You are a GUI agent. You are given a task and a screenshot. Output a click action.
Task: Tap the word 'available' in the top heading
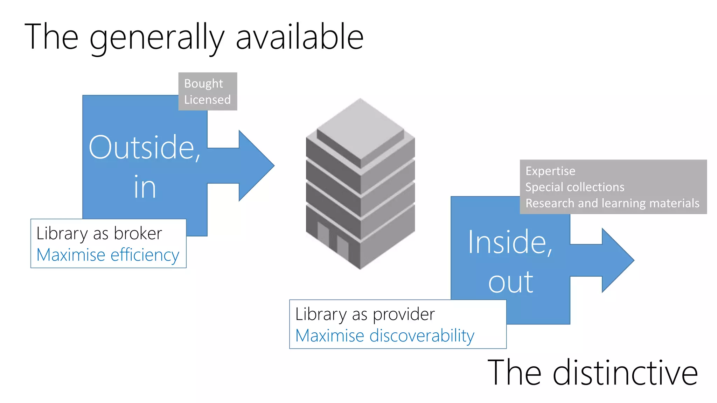[x=300, y=37]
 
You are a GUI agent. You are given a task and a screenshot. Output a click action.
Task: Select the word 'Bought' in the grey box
[x=203, y=84]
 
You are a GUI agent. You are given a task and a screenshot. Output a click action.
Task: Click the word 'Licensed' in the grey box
[x=207, y=100]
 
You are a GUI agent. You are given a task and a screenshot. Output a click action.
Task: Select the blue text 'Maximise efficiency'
[x=108, y=255]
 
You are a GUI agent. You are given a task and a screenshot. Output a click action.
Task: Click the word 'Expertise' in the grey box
[x=550, y=171]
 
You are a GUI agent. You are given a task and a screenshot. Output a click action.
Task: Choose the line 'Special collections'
[x=575, y=187]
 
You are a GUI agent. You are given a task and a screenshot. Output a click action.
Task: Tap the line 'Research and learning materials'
[x=612, y=203]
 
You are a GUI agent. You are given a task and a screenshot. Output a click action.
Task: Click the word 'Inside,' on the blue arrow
[x=510, y=242]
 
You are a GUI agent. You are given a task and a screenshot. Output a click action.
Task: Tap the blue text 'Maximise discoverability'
[x=385, y=336]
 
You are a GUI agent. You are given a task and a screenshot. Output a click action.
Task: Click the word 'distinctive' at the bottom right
[x=625, y=373]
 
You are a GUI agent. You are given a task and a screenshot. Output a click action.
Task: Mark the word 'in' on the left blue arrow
[x=145, y=188]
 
